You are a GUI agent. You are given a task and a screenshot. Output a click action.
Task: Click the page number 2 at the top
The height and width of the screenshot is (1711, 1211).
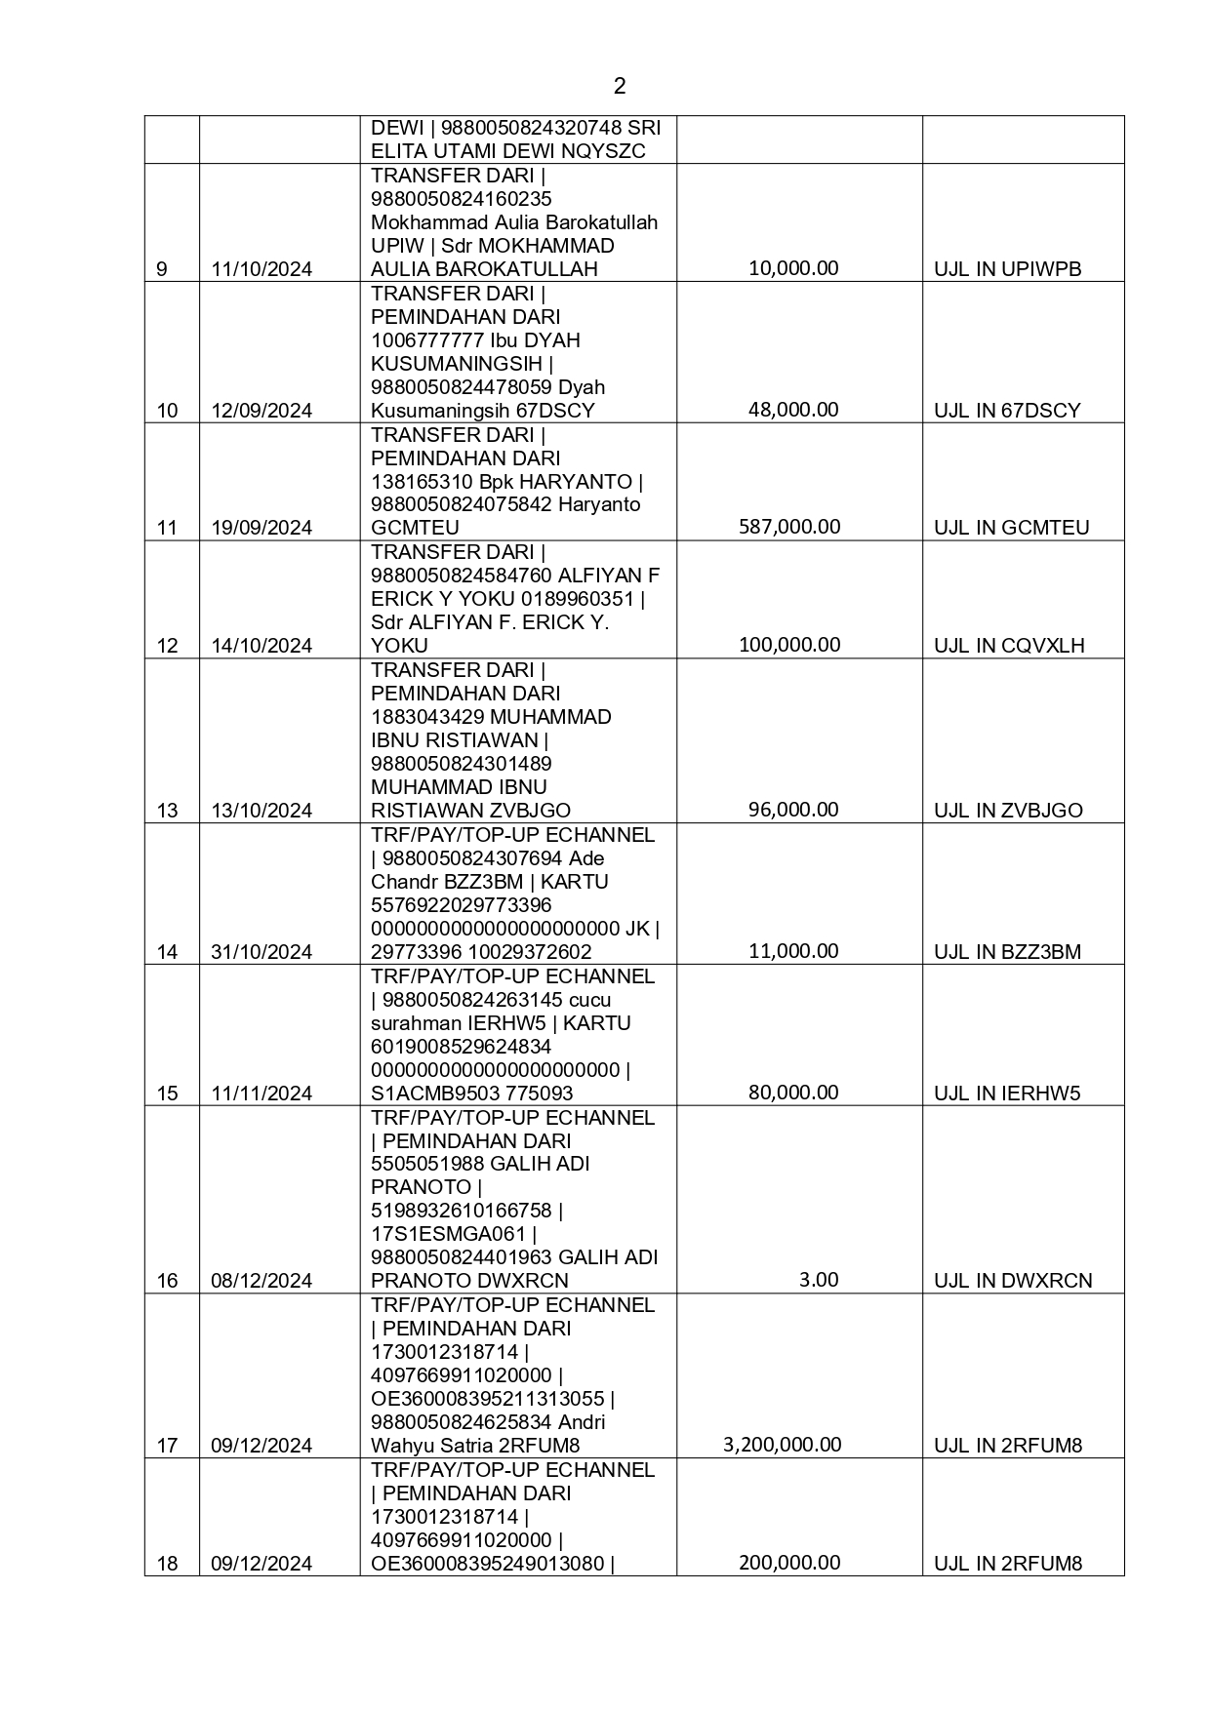(620, 86)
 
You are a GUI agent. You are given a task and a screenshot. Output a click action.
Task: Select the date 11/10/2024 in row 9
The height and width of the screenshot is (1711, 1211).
(262, 269)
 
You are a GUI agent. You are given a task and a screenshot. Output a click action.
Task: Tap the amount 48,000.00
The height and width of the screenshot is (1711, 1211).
(793, 410)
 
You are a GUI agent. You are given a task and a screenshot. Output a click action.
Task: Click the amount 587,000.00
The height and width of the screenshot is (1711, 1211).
(789, 527)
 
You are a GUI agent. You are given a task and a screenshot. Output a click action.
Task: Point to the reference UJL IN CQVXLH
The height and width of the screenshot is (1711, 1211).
(1009, 646)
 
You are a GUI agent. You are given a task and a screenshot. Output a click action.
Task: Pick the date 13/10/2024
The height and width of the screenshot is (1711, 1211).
(262, 811)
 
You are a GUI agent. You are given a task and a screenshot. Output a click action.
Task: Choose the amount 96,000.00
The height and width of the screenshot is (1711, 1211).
(793, 810)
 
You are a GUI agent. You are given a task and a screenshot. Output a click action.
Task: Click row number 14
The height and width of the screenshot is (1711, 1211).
(168, 952)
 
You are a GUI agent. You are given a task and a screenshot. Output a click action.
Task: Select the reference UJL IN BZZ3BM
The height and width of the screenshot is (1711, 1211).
(1007, 952)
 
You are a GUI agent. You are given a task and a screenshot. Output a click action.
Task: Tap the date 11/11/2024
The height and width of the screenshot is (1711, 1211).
(262, 1094)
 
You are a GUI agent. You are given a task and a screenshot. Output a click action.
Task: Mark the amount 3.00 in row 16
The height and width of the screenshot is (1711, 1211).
(818, 1280)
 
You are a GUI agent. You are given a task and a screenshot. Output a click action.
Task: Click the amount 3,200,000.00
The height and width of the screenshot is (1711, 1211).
(782, 1445)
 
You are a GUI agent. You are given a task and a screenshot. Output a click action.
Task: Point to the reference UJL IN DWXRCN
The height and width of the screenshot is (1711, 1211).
(1013, 1281)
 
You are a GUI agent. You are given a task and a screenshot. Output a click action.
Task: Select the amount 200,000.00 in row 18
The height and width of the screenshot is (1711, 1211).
(789, 1563)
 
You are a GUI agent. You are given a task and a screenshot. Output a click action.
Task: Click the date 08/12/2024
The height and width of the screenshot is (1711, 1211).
(262, 1281)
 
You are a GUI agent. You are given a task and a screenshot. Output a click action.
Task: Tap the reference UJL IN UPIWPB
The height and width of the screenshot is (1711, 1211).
(1007, 269)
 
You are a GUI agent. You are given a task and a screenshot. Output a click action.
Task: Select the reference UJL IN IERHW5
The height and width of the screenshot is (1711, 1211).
(1007, 1094)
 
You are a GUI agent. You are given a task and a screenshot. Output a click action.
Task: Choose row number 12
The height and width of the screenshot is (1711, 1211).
(168, 646)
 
